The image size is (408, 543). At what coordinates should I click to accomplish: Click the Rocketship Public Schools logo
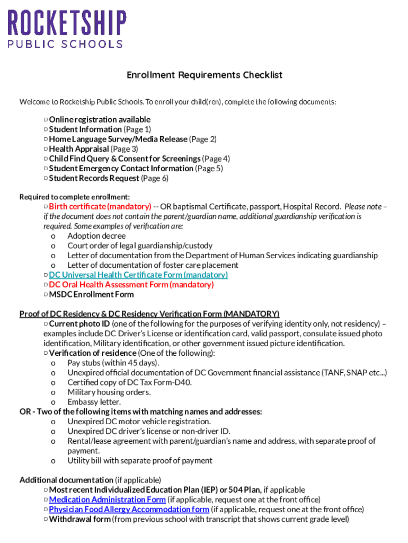66,29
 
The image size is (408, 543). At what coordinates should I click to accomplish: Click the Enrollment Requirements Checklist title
204,75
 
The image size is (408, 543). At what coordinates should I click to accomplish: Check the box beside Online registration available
46,120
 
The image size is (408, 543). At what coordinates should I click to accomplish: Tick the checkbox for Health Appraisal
46,149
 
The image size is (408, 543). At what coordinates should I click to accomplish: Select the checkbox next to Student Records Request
46,178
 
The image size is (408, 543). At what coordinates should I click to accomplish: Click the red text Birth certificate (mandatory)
100,206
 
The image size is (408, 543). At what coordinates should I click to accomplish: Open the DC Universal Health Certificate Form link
138,275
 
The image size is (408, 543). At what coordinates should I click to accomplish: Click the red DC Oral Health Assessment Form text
131,285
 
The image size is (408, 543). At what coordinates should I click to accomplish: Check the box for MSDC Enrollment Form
46,294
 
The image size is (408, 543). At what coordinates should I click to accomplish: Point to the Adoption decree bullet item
96,236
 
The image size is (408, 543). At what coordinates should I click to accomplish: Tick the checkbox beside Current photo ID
46,323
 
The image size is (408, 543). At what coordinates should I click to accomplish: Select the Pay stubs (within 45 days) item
113,363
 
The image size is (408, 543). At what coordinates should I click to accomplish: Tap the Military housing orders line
109,392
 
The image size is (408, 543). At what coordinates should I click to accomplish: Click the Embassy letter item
94,402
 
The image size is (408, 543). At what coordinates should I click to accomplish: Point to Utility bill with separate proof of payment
140,460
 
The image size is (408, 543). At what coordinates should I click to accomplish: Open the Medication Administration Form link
108,500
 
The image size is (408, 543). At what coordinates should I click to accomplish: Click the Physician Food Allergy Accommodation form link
129,509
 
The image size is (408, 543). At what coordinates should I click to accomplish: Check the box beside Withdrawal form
46,519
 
